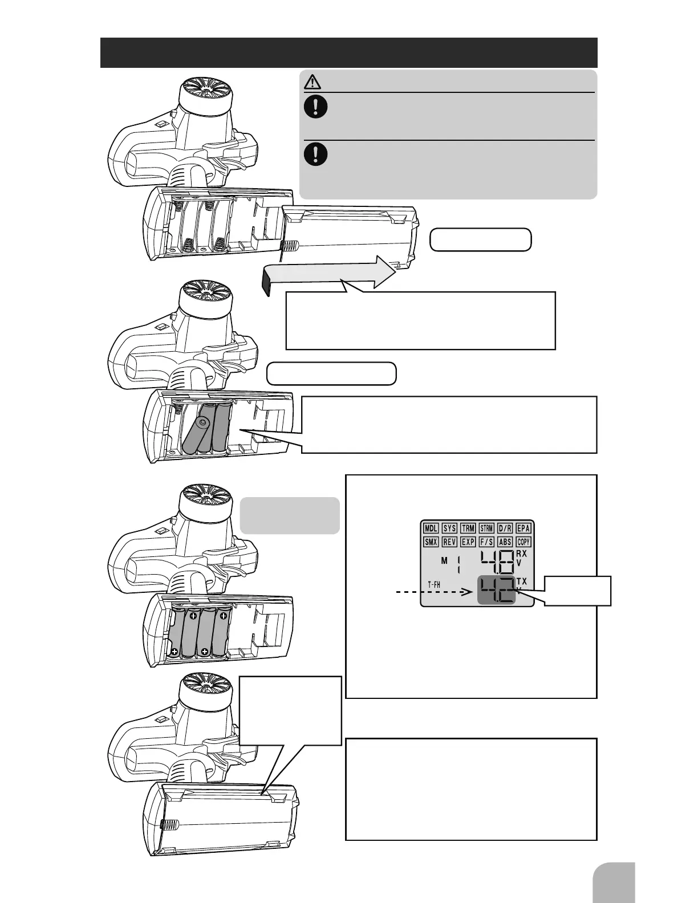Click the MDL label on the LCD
click(x=431, y=528)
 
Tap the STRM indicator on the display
click(x=486, y=528)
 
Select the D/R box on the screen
click(x=505, y=528)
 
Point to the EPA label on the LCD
click(x=523, y=528)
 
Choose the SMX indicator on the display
click(x=431, y=542)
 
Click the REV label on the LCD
click(x=449, y=542)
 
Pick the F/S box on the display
click(x=486, y=542)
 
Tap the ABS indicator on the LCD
click(x=505, y=542)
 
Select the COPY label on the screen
click(x=523, y=542)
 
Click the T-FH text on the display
click(x=434, y=585)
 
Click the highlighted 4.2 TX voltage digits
click(x=496, y=591)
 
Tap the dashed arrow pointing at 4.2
click(x=433, y=593)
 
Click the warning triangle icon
click(x=313, y=83)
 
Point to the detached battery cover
click(x=351, y=235)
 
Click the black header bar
click(x=348, y=52)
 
